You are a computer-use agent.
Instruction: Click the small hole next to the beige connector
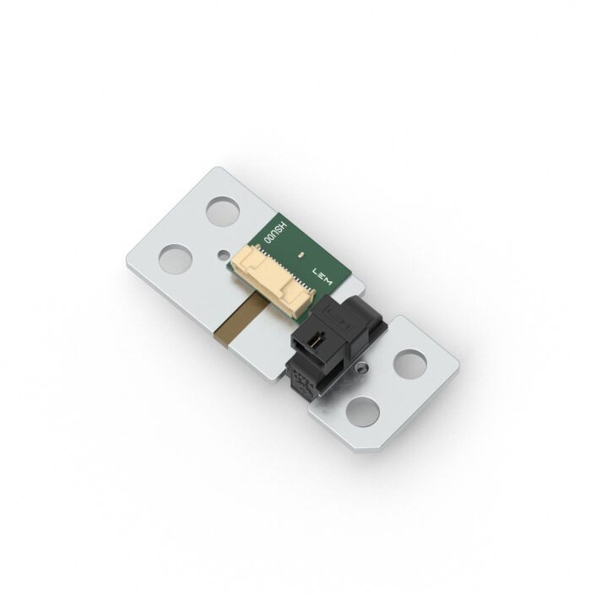point(221,252)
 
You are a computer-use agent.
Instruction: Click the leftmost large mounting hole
point(176,257)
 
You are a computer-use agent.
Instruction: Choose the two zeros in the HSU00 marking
point(270,240)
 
